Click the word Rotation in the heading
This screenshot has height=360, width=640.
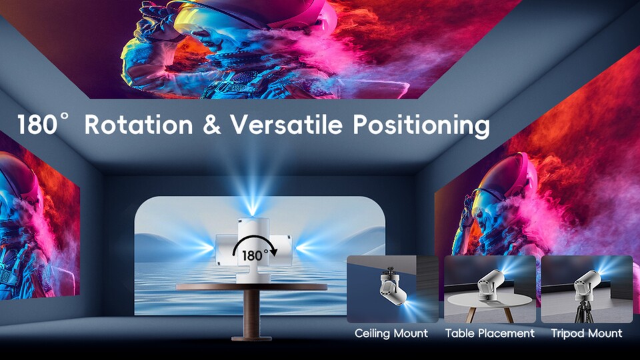pyautogui.click(x=139, y=125)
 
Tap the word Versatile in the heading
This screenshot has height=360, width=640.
pyautogui.click(x=286, y=124)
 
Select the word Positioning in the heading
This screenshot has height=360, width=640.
pyautogui.click(x=421, y=126)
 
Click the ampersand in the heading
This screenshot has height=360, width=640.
pyautogui.click(x=211, y=125)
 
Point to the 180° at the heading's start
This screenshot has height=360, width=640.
pyautogui.click(x=42, y=124)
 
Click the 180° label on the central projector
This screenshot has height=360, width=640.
pyautogui.click(x=255, y=255)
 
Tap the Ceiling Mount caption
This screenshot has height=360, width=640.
pyautogui.click(x=391, y=333)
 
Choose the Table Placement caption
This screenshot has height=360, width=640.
pyautogui.click(x=490, y=333)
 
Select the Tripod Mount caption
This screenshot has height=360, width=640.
pyautogui.click(x=587, y=333)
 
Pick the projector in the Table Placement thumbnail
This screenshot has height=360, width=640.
pyautogui.click(x=489, y=284)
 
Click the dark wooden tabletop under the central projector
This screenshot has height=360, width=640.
pyautogui.click(x=251, y=287)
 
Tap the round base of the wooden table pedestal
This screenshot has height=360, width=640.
pyautogui.click(x=251, y=338)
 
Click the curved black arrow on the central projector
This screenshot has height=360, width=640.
pyautogui.click(x=255, y=243)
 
